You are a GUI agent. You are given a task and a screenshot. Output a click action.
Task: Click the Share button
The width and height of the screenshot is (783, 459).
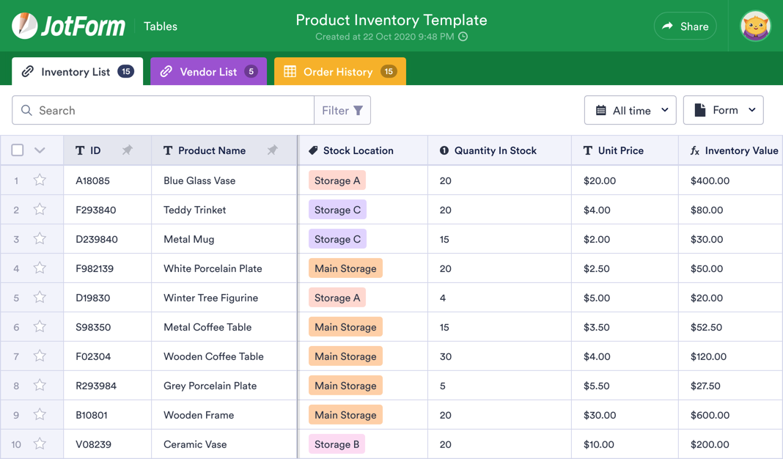[685, 26]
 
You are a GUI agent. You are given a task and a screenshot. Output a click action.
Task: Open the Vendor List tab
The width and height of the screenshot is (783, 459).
[208, 72]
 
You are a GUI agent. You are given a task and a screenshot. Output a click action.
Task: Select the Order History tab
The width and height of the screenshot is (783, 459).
[339, 72]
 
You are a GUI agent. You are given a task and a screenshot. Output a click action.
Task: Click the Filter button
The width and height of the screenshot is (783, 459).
[342, 111]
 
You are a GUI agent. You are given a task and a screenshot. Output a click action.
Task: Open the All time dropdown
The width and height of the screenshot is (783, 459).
[630, 111]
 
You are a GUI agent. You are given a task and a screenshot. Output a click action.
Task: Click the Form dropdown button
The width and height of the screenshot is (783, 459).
[723, 111]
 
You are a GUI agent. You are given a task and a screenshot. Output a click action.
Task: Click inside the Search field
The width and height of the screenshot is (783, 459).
[169, 111]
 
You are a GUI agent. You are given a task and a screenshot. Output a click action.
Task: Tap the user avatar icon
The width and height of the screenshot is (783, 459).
[755, 26]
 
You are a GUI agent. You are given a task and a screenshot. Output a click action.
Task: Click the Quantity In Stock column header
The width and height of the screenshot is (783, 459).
[495, 150]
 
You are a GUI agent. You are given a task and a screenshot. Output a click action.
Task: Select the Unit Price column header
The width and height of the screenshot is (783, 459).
[620, 150]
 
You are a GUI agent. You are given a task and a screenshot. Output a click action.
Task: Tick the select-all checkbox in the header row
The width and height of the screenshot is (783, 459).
[18, 150]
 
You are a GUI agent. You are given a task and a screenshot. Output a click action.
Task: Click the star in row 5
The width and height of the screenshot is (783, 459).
[40, 298]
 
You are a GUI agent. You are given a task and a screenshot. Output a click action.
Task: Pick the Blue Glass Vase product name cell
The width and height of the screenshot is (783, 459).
[199, 180]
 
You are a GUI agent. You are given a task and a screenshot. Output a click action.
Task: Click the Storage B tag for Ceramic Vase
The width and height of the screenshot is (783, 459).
[337, 444]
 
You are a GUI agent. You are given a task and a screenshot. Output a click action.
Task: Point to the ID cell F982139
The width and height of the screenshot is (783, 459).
[95, 268]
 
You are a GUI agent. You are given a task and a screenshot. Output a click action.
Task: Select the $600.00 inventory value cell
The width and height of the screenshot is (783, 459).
[710, 415]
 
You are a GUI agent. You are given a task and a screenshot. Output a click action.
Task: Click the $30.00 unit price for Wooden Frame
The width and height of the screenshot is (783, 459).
[600, 415]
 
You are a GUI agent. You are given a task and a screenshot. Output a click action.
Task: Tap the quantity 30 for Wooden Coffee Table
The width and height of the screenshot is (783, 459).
[446, 356]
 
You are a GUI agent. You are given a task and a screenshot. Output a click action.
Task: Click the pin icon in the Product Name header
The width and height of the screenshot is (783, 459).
[272, 150]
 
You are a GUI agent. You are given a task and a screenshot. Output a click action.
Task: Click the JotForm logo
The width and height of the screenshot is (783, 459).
[69, 26]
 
